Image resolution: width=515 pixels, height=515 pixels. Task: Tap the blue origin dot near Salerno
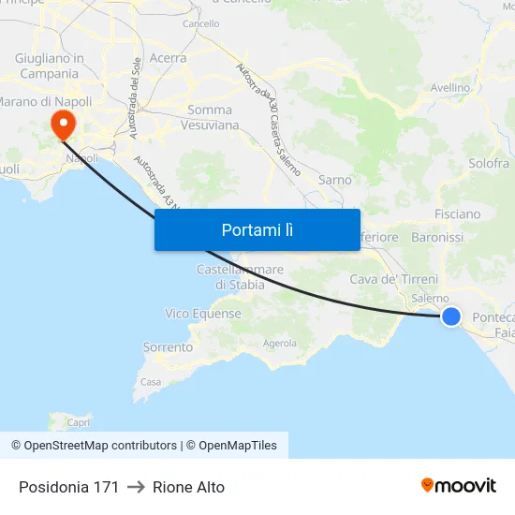point(451,316)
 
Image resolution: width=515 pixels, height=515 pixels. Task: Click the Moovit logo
point(459,486)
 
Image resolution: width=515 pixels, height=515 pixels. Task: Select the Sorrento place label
point(168,347)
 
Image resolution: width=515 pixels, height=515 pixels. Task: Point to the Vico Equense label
point(203,314)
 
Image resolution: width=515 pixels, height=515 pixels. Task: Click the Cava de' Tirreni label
point(393,279)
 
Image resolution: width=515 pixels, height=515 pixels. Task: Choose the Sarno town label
point(335,180)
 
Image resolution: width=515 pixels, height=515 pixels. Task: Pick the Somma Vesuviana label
point(210,117)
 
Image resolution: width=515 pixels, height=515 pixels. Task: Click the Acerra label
point(168,58)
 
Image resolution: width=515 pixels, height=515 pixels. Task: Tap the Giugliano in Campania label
point(50,66)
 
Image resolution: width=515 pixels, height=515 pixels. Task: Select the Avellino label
point(449,88)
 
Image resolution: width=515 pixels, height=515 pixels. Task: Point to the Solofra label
point(489,163)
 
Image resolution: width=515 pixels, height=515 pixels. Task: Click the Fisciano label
point(457,214)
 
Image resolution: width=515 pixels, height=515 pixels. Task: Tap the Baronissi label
point(437,238)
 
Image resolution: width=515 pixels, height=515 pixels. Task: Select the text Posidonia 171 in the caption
point(68,487)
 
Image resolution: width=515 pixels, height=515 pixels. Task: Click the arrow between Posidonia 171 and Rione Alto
point(136,487)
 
